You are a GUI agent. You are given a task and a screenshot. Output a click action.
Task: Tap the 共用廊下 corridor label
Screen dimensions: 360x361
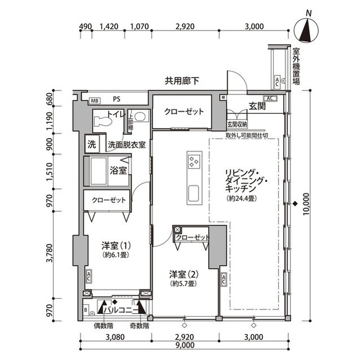click(x=182, y=81)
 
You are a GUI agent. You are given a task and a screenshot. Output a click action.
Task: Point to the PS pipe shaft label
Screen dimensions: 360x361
click(x=117, y=100)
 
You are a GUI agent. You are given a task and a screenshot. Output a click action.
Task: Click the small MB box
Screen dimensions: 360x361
click(x=95, y=100)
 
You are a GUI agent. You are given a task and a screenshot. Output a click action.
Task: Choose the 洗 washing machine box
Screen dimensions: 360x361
click(x=91, y=144)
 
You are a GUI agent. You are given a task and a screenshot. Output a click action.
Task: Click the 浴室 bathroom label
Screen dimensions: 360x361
click(x=118, y=169)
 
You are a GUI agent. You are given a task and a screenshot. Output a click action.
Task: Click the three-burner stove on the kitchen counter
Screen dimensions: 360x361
click(x=193, y=163)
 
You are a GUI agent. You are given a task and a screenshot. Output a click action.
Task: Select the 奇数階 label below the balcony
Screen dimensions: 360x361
click(x=138, y=325)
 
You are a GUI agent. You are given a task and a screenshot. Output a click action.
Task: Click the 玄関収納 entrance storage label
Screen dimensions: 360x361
click(x=237, y=125)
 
